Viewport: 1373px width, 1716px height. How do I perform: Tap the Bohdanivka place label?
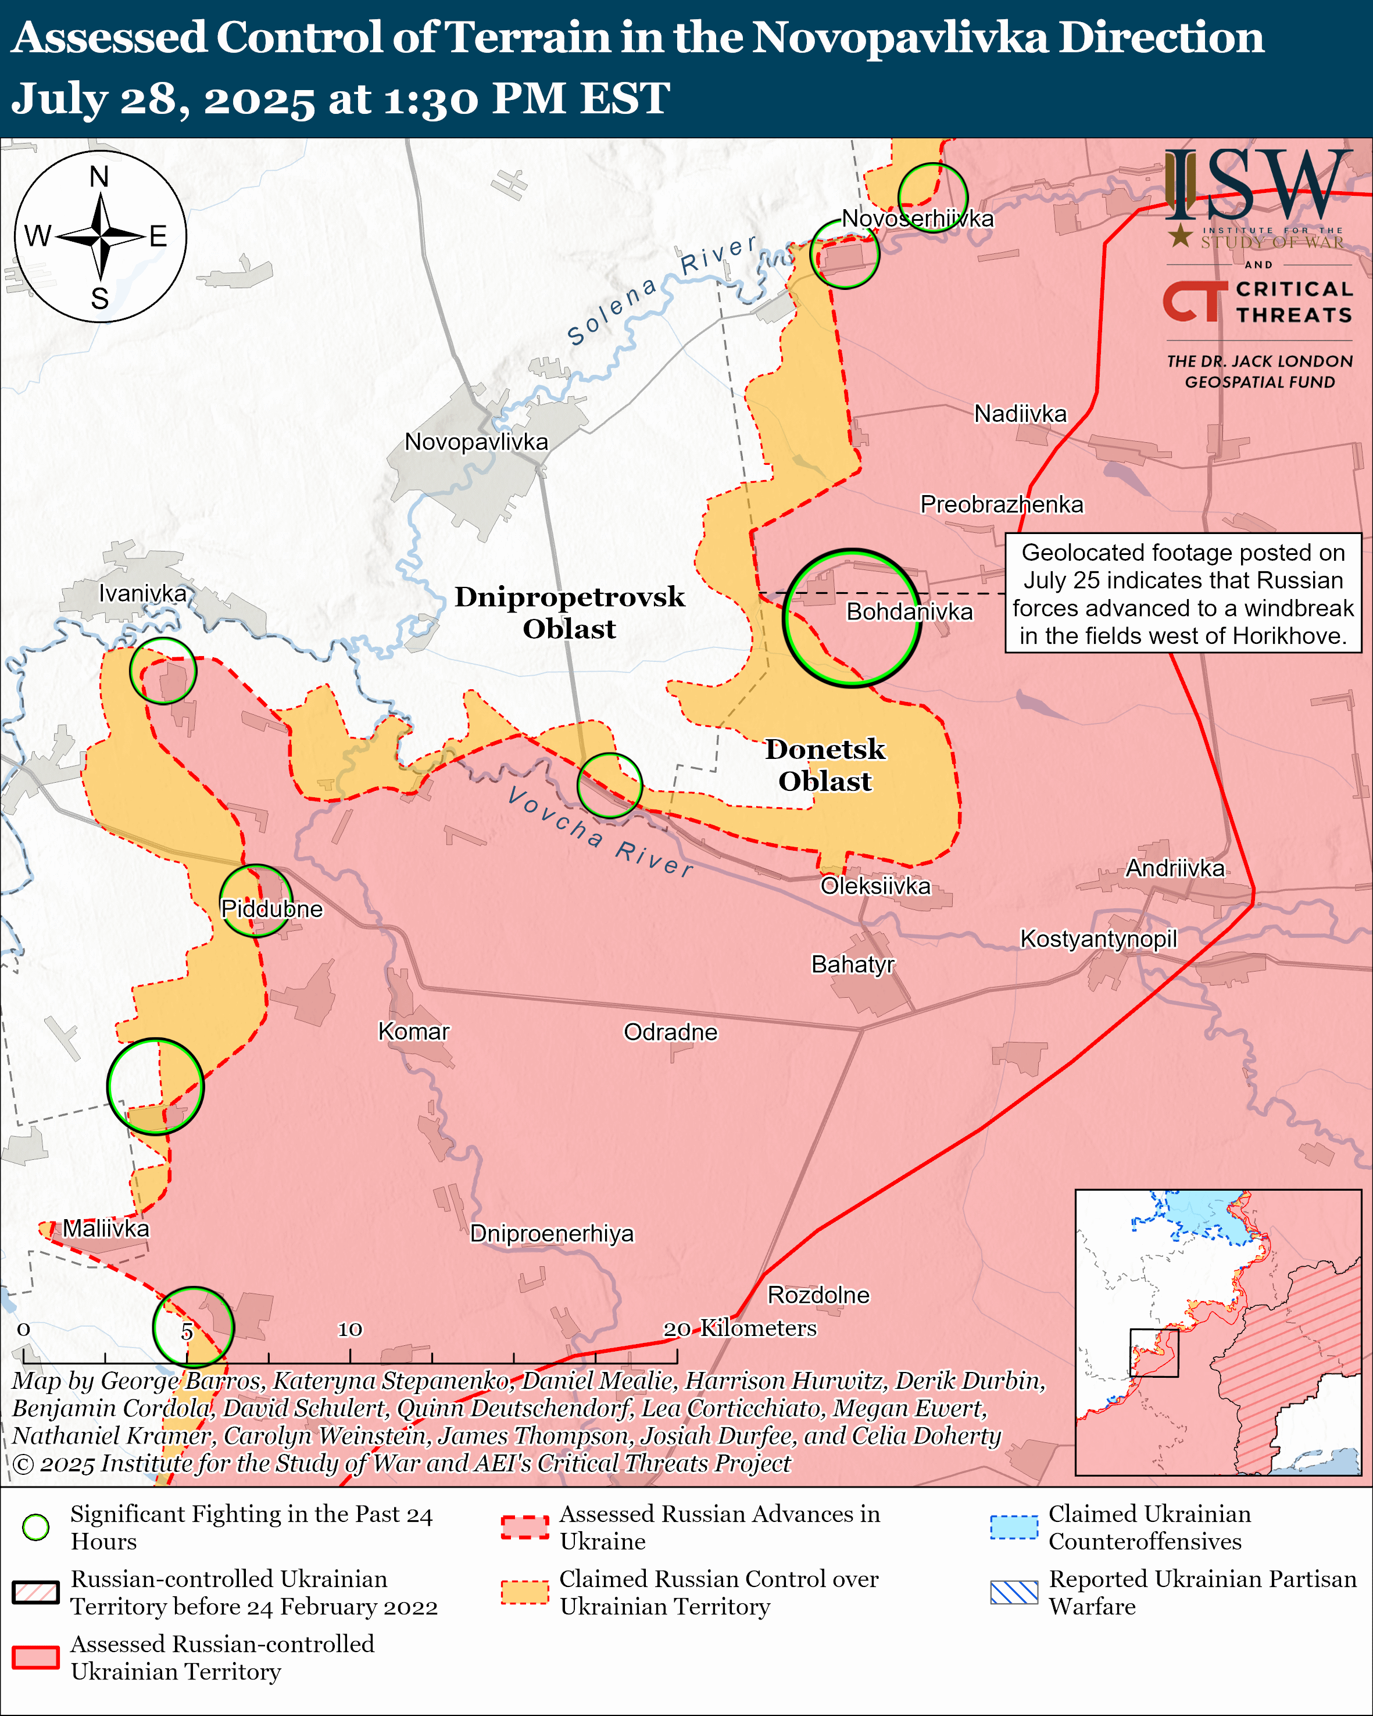coord(909,611)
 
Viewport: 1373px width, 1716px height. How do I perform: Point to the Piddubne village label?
coord(271,909)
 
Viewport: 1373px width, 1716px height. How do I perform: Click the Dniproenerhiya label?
coord(552,1233)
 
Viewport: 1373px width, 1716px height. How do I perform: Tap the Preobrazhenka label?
coord(1002,504)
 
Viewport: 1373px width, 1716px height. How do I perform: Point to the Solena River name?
coord(660,291)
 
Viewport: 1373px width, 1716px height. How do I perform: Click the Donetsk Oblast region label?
coord(825,765)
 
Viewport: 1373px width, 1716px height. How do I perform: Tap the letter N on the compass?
coord(99,177)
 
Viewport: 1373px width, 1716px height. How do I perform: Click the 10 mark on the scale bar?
coord(349,1329)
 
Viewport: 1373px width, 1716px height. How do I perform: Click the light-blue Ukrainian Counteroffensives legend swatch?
coord(1014,1527)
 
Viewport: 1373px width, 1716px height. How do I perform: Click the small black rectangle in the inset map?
coord(1153,1352)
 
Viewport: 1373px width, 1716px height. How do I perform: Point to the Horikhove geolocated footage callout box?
coord(1183,593)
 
